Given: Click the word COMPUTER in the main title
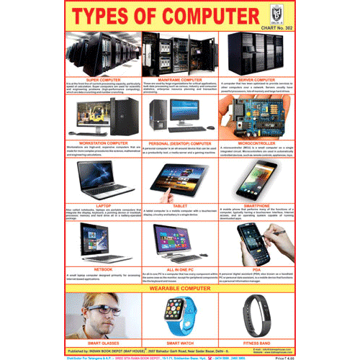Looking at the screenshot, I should tap(209, 16).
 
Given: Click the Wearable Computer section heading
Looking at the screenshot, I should tap(180, 287).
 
